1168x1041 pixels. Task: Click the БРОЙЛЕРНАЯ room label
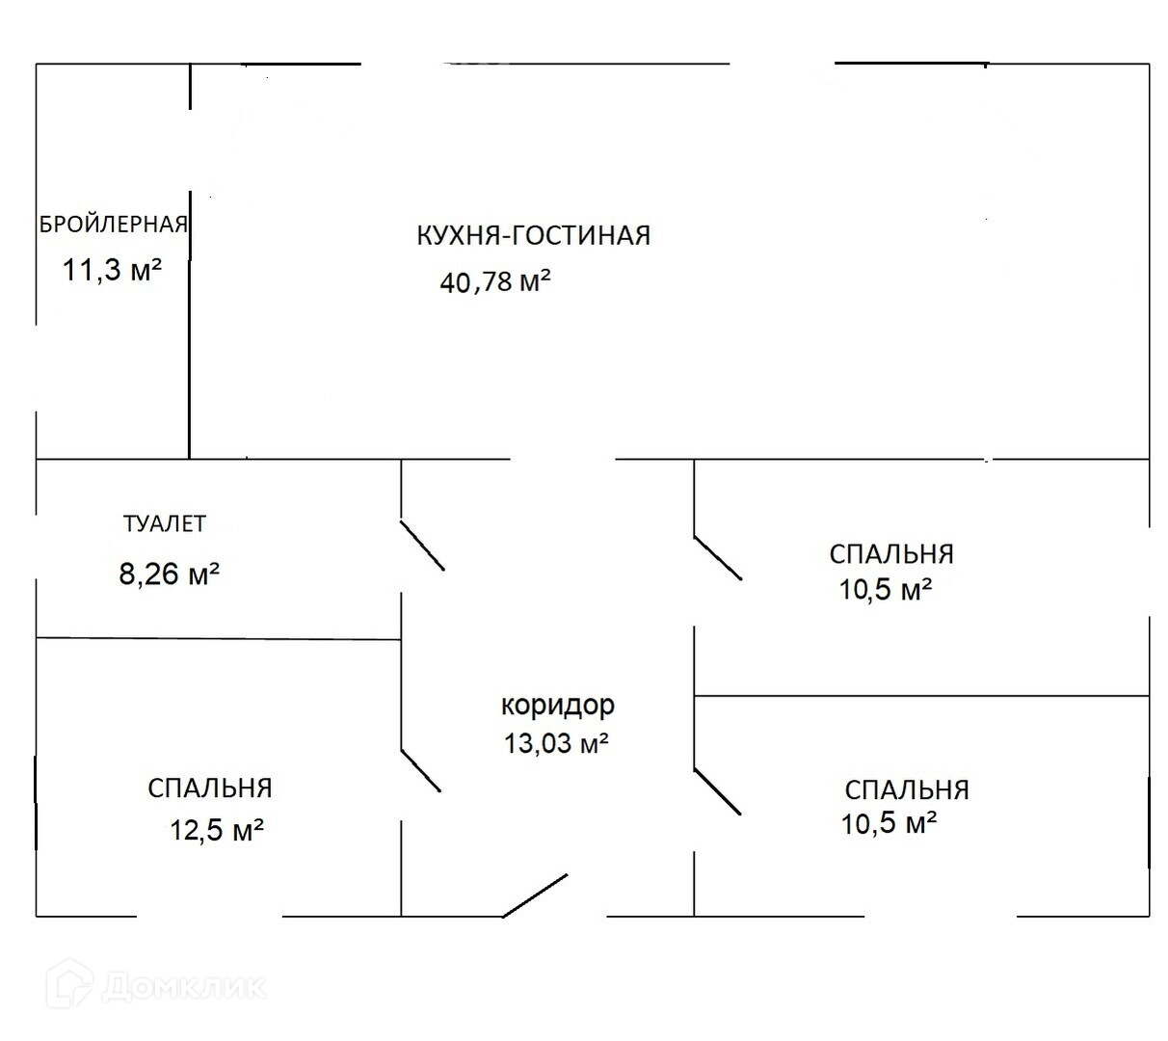(113, 225)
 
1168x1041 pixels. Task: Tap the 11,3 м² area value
(112, 269)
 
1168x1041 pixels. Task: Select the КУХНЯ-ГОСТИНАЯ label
(533, 235)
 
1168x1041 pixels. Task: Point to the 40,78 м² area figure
(495, 281)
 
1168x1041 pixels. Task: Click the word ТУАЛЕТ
(165, 523)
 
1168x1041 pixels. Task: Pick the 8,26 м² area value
(170, 574)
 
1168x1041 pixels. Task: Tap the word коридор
(557, 705)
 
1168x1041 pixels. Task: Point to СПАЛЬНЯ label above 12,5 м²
(210, 788)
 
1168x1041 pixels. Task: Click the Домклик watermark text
(183, 986)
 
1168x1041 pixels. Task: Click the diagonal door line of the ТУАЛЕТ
(422, 546)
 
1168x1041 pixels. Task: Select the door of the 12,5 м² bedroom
(421, 770)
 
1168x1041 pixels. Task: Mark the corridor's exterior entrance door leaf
(535, 895)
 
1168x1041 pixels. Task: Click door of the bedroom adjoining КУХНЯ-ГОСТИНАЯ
(718, 557)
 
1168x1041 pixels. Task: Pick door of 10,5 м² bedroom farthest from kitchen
(718, 791)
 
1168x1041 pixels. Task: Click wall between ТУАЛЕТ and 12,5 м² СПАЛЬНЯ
(219, 638)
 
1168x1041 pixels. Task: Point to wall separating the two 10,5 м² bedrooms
(921, 695)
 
